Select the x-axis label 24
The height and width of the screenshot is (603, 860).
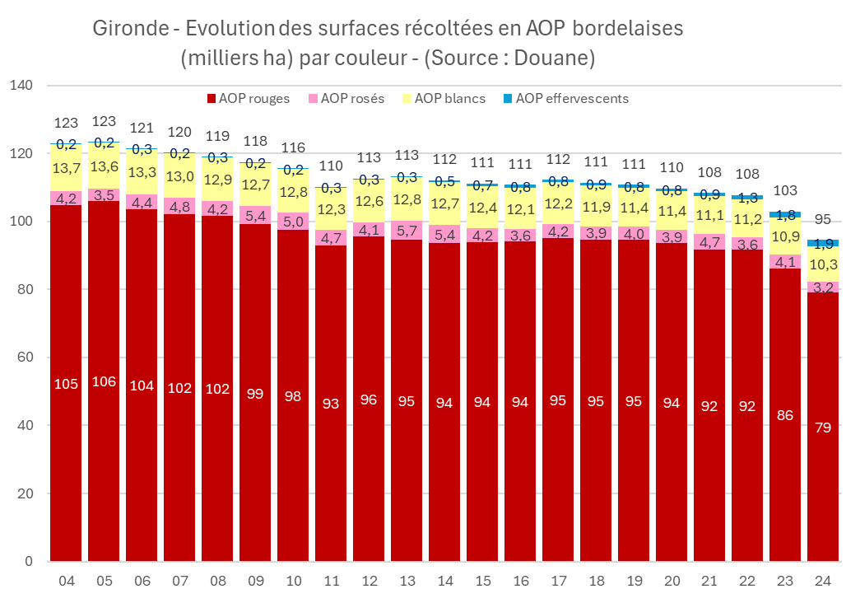823,582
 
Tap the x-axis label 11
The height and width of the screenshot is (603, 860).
332,582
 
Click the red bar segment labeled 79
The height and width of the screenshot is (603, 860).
823,428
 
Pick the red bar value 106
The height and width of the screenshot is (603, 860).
105,383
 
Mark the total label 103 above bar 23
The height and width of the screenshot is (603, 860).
785,191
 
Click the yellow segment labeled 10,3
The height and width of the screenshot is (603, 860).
823,265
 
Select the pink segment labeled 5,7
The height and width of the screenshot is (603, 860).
407,231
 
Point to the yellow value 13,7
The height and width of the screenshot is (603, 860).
67,168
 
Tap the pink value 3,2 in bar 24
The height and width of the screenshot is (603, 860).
823,287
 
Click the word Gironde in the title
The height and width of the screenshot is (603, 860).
130,29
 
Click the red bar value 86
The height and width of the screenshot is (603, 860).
785,415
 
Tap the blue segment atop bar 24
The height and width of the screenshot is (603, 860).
823,243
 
